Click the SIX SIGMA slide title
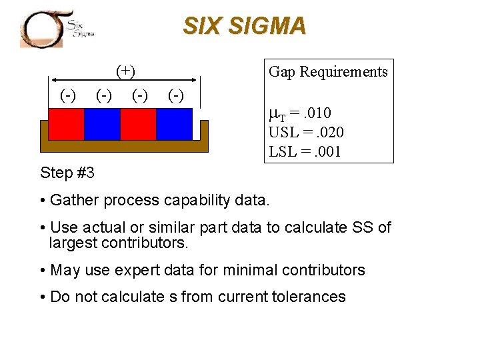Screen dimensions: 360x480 [x=245, y=26]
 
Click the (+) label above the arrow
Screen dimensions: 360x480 [x=125, y=70]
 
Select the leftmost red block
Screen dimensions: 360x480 [x=67, y=124]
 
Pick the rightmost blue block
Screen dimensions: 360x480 [x=174, y=124]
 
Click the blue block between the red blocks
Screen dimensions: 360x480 [x=102, y=124]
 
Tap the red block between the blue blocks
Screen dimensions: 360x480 [x=138, y=124]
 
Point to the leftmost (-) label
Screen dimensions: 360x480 [x=67, y=95]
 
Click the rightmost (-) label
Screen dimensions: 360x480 [x=175, y=95]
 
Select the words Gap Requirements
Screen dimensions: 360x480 [x=328, y=72]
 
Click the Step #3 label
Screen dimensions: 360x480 [x=67, y=173]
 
